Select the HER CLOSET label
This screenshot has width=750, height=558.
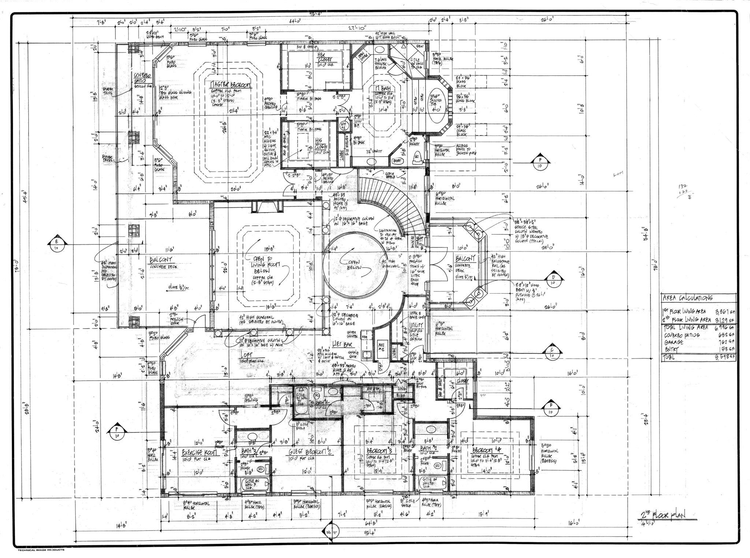click(x=324, y=57)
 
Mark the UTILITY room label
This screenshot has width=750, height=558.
click(x=416, y=325)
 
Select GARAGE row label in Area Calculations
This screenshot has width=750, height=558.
click(x=674, y=342)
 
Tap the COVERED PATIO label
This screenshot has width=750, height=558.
click(x=141, y=77)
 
